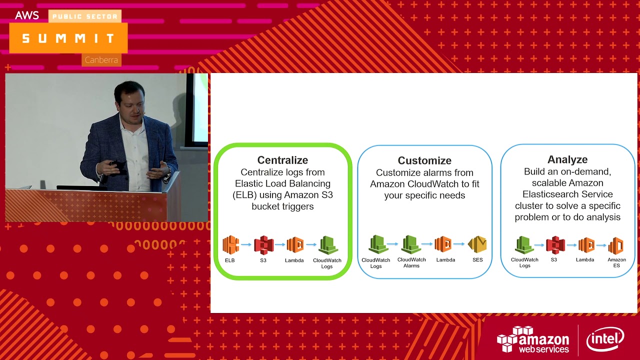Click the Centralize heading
(x=282, y=160)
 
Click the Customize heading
(x=424, y=160)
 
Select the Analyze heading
(x=567, y=159)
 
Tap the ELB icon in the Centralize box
(x=230, y=245)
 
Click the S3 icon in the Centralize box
(x=263, y=245)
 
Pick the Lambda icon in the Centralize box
(x=295, y=245)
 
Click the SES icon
(x=477, y=244)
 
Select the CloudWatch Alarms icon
(x=411, y=244)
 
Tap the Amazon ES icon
(x=616, y=245)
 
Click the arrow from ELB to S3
(x=246, y=245)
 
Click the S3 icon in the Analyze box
(x=555, y=245)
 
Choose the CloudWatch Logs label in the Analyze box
(x=524, y=262)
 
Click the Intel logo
(x=605, y=339)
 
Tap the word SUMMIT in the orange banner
(x=68, y=38)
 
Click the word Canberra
(x=101, y=60)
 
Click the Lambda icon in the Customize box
(x=443, y=244)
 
